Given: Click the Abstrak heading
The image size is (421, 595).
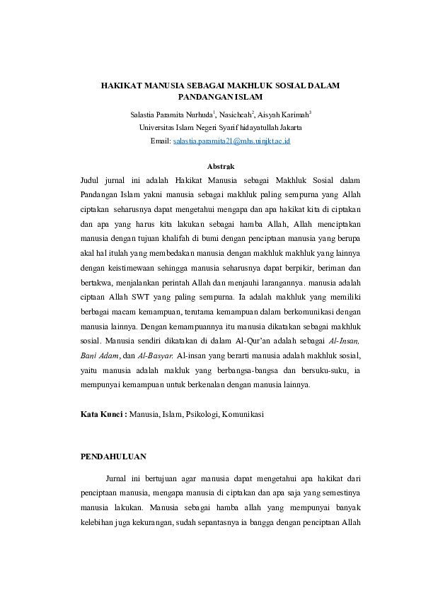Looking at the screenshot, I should click(x=220, y=167).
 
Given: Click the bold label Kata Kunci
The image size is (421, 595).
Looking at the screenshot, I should click(x=103, y=414).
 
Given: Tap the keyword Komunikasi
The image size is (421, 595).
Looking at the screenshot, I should click(x=247, y=414).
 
